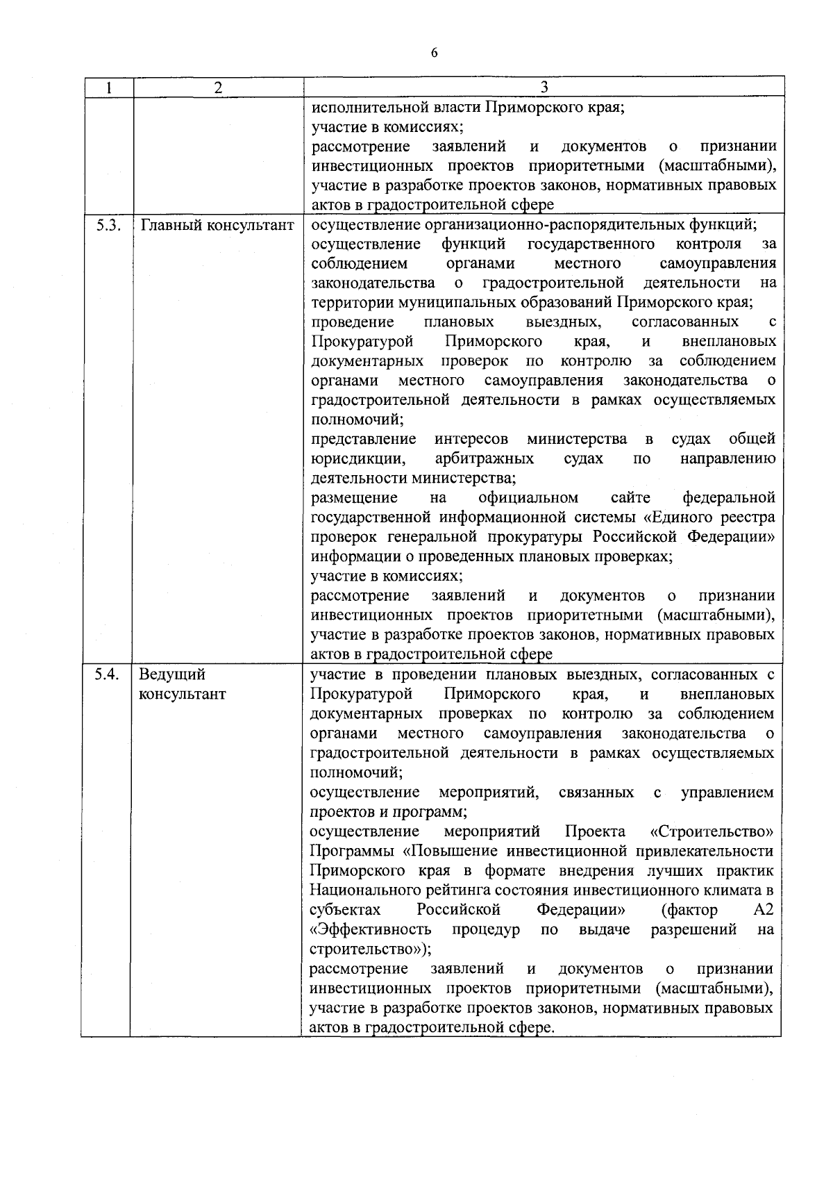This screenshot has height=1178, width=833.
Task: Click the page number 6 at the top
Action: click(x=434, y=53)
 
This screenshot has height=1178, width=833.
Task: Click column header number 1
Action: click(x=108, y=88)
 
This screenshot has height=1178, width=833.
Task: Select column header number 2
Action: click(x=218, y=88)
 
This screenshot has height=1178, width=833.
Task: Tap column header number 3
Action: click(x=544, y=88)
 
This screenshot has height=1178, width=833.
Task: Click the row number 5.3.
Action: click(x=108, y=225)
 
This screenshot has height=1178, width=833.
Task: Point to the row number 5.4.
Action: click(x=108, y=674)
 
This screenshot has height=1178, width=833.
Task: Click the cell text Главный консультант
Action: click(x=217, y=225)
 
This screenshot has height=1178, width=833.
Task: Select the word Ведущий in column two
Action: click(x=172, y=674)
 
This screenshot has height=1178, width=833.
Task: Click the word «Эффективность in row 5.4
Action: click(x=371, y=930)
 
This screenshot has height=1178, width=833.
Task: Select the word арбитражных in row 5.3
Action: click(x=484, y=459)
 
